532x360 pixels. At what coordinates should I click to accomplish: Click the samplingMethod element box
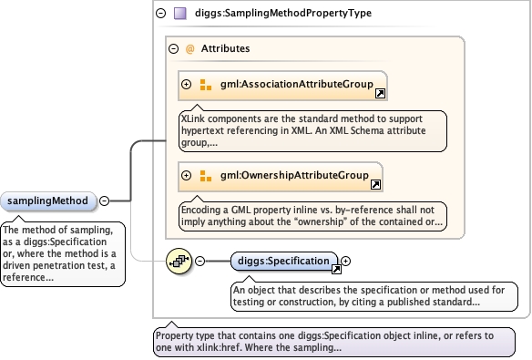point(48,201)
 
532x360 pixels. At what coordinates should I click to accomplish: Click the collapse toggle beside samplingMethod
point(104,201)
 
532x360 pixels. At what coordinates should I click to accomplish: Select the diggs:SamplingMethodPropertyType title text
point(283,14)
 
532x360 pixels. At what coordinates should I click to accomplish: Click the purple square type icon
point(180,14)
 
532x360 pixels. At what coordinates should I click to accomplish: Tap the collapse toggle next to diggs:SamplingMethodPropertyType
point(161,14)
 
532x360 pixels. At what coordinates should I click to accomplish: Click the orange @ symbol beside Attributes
point(190,49)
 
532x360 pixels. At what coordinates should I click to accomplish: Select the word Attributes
point(225,48)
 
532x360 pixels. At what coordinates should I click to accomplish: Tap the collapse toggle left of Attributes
point(173,49)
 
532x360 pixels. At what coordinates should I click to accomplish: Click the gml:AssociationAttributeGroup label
point(297,84)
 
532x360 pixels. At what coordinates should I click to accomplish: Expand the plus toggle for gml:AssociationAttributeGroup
point(186,84)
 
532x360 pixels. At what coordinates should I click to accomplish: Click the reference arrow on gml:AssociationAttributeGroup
point(380,94)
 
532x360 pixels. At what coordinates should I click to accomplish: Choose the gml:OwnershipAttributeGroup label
point(294,175)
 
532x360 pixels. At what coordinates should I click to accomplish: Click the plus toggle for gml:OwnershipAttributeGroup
point(186,175)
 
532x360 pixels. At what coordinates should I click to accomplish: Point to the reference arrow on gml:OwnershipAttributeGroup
point(375,185)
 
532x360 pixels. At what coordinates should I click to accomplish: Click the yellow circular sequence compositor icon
point(179,261)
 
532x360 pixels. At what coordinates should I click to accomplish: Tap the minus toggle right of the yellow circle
point(200,261)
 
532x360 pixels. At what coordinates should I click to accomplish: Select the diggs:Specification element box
point(284,261)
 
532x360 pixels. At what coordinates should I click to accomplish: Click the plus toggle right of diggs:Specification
point(346,261)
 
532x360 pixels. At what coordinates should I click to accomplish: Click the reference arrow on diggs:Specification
point(336,270)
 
